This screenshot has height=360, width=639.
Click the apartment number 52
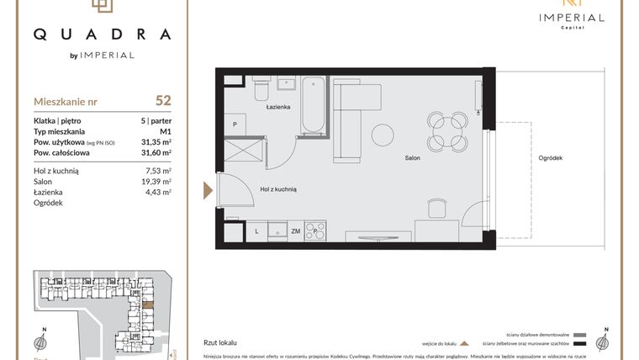click(x=163, y=100)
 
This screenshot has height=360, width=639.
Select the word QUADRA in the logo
click(x=102, y=34)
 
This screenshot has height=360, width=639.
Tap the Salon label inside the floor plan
click(x=412, y=158)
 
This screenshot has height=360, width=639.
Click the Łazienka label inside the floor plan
click(x=278, y=108)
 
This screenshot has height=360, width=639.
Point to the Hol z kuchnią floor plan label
click(x=278, y=190)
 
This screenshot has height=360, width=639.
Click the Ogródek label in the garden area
click(x=550, y=158)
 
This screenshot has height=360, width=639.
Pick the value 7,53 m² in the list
click(x=157, y=170)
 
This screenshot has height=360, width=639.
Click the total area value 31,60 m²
click(x=156, y=153)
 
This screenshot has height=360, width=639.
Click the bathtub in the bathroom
click(x=313, y=105)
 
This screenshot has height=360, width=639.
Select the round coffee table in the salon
click(x=383, y=135)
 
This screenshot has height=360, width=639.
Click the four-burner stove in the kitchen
click(x=315, y=229)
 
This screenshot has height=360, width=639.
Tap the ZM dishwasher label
click(x=295, y=230)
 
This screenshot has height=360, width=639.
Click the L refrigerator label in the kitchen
click(x=256, y=230)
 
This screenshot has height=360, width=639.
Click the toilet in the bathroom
click(x=261, y=87)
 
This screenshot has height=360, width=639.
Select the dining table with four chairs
click(x=445, y=130)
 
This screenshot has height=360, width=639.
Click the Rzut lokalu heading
click(x=220, y=343)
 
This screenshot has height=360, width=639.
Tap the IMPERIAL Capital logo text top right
click(x=572, y=19)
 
